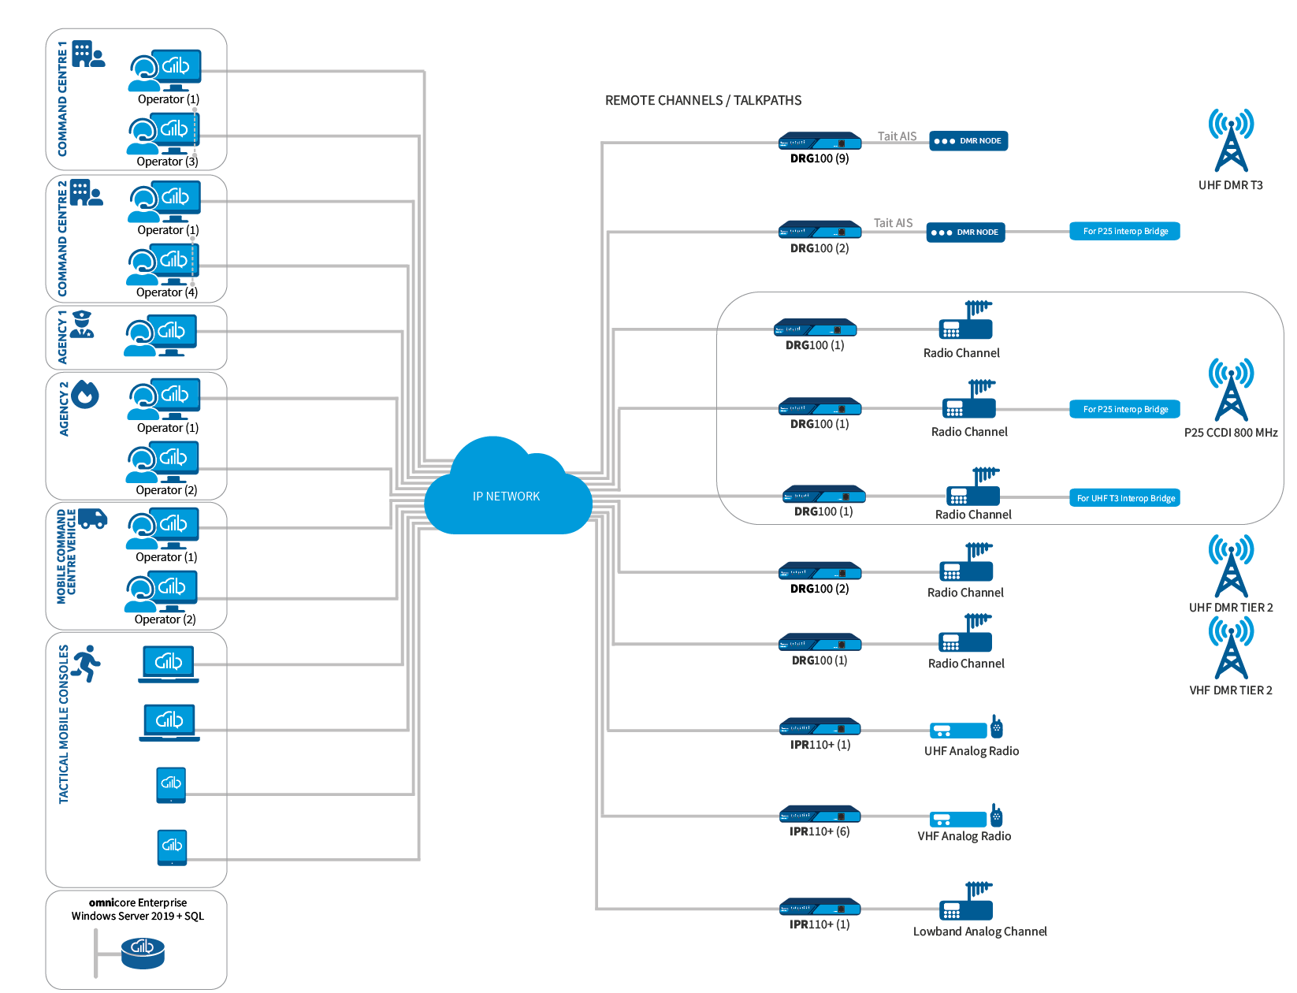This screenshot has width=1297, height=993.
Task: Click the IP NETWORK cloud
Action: [x=507, y=495]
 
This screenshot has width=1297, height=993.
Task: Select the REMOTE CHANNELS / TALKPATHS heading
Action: [x=703, y=101]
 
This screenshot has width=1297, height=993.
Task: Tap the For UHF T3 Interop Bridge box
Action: [x=1125, y=498]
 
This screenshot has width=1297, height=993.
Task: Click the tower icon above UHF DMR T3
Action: [x=1231, y=141]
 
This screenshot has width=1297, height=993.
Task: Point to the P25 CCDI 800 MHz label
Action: [x=1231, y=433]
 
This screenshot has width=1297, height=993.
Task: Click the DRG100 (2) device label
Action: [x=819, y=248]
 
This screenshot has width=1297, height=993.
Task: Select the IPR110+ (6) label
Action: [x=819, y=831]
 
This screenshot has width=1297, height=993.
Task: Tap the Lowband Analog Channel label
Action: [x=979, y=932]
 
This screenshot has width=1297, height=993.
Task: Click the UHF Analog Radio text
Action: [x=971, y=751]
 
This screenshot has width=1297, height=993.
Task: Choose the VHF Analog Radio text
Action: [x=964, y=836]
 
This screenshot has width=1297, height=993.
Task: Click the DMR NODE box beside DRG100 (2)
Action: [x=965, y=232]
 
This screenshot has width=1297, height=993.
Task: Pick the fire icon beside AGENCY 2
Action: [x=85, y=395]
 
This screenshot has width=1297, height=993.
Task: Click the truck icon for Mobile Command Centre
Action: [x=92, y=518]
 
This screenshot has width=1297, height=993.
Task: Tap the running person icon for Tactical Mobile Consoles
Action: [x=86, y=664]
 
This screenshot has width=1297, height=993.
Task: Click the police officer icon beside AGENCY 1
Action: [x=82, y=324]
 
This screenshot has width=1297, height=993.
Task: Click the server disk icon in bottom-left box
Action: [x=143, y=951]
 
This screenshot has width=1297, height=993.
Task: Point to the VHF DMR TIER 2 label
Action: [x=1230, y=690]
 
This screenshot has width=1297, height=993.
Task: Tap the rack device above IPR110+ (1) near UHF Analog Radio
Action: [x=819, y=728]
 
